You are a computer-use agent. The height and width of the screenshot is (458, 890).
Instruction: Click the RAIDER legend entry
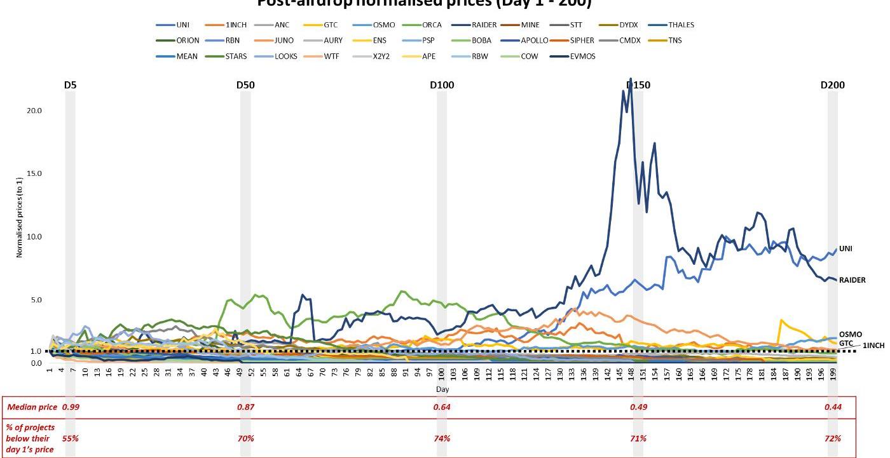pos(484,25)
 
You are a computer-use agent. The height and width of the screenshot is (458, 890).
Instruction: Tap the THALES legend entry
pos(681,25)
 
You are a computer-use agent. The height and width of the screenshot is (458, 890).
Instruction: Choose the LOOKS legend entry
pos(285,56)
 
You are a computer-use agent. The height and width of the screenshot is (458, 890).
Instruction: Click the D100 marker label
pos(442,86)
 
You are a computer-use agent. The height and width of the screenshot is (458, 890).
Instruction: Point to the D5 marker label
pos(70,86)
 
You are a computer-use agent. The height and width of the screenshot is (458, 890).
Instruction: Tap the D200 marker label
pos(833,86)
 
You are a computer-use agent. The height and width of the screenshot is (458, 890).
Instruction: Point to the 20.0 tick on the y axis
pos(34,111)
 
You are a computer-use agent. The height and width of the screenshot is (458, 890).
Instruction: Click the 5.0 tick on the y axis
pos(36,300)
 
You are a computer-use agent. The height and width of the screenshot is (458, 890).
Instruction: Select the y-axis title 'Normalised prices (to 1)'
pos(20,222)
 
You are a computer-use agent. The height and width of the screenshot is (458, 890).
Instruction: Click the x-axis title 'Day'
pos(442,388)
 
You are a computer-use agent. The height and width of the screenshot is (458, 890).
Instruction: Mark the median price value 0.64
pos(442,407)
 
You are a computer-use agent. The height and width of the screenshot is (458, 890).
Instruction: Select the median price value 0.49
pos(638,407)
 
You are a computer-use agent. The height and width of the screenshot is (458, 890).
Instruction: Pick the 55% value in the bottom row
pos(70,438)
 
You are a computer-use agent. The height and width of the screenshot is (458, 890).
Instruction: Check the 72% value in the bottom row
pos(833,438)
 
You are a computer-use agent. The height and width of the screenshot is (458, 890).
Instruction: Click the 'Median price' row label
pos(31,407)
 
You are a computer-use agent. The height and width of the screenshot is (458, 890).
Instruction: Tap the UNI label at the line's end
pos(845,249)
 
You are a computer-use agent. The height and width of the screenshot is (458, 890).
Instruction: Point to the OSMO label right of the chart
pos(851,334)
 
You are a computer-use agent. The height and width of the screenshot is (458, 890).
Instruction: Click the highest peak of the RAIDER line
pos(630,79)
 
